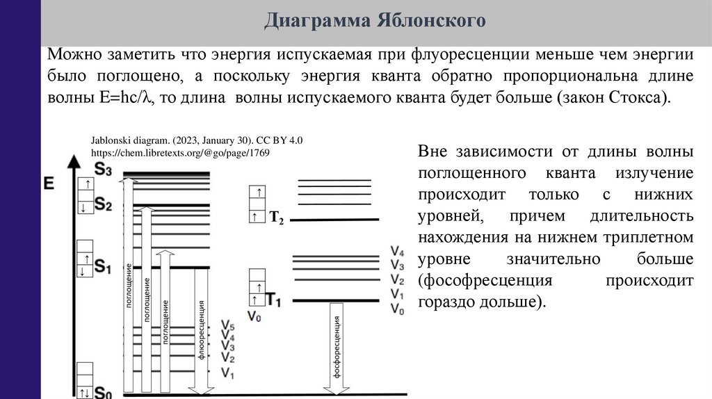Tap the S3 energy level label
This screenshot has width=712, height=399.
[102, 168]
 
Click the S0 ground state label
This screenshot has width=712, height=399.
[103, 393]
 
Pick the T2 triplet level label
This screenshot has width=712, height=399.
[276, 218]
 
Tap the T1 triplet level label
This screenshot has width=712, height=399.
[274, 300]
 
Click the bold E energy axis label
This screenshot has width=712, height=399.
[49, 184]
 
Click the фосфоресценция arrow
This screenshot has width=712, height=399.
[335, 348]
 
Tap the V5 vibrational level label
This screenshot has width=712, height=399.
[227, 326]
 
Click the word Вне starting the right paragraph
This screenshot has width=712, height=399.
[433, 151]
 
